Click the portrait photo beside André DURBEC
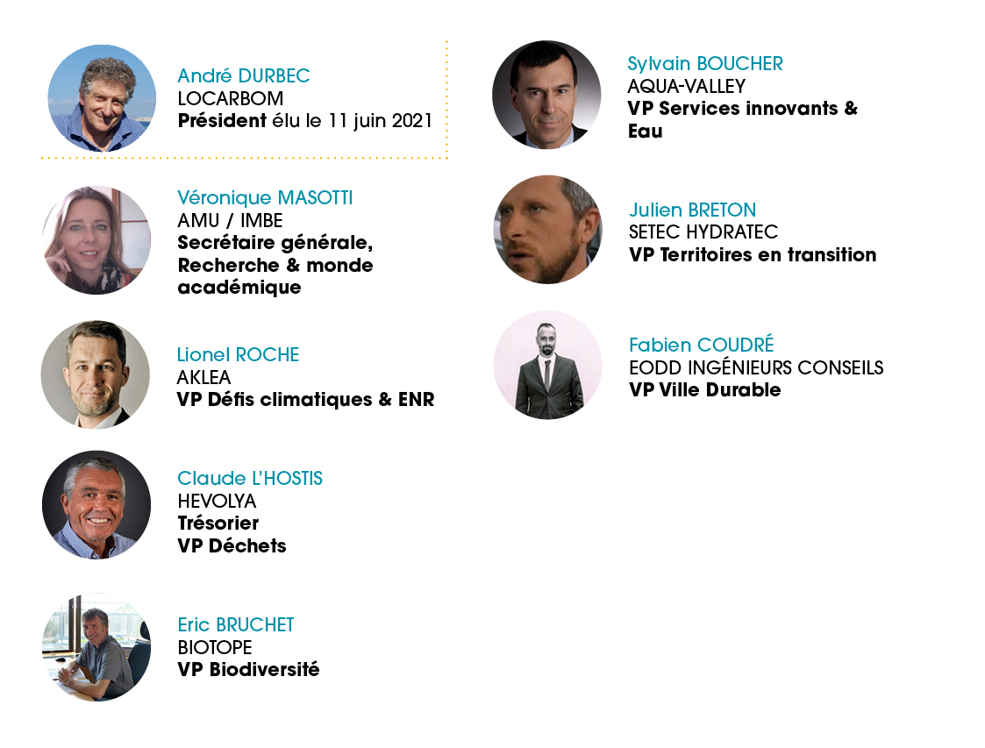point(102,98)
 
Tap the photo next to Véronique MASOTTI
point(96,240)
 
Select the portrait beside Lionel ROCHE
point(96,375)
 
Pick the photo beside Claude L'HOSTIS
point(96,504)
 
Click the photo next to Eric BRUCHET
point(96,647)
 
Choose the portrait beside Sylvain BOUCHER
point(546,95)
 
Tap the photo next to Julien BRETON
point(548,229)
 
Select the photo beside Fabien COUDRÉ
point(548,365)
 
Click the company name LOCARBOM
point(231,98)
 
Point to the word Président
point(223,121)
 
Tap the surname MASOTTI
point(316,198)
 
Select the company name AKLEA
point(204,377)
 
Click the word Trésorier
point(218,524)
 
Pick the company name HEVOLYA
point(217,502)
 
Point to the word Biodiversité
point(265,669)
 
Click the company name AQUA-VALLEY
point(687,86)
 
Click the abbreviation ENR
point(417,400)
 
